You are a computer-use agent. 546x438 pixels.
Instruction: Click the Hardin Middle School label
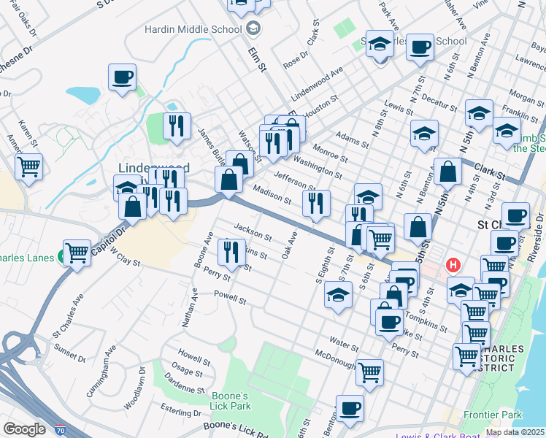click(193, 30)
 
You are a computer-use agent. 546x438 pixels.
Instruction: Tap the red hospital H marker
click(454, 264)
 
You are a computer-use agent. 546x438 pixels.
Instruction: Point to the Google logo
click(24, 429)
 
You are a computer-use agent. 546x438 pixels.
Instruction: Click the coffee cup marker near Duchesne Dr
click(122, 77)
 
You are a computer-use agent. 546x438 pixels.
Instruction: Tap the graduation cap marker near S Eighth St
click(337, 296)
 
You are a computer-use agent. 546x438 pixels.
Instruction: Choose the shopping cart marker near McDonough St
click(370, 372)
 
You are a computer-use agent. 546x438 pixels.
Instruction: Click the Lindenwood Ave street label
click(318, 85)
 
